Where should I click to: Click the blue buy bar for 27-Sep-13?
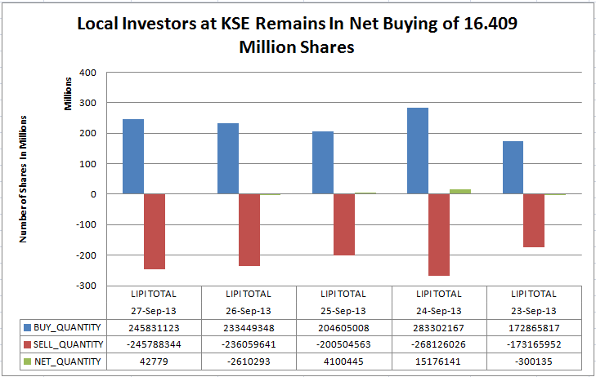coord(133,157)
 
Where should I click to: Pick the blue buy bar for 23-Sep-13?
coord(513,167)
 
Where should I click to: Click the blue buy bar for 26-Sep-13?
coord(228,158)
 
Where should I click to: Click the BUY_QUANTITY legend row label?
coord(71,325)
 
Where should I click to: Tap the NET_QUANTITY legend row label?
coord(71,361)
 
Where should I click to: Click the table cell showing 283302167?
coord(440,325)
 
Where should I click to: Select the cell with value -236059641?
coord(249,343)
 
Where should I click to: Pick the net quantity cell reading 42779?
coord(154,361)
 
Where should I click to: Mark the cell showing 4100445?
coord(344,361)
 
